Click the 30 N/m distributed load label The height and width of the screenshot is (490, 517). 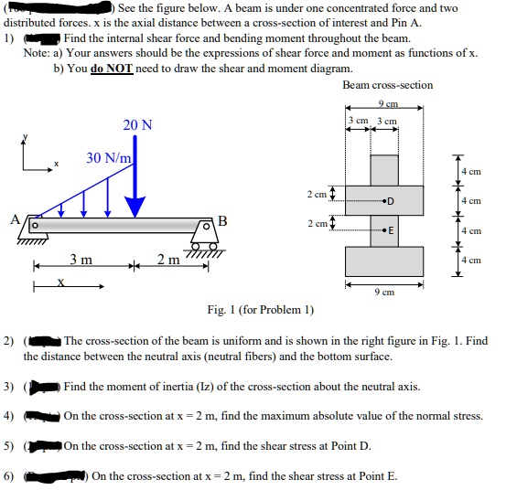tap(109, 158)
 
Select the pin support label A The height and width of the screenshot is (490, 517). tap(15, 219)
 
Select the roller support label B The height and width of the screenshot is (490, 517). tap(221, 220)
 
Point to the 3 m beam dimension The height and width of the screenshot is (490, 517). tap(81, 261)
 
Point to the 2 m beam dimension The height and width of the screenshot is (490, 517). tap(167, 261)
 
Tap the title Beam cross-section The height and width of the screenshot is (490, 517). tap(387, 85)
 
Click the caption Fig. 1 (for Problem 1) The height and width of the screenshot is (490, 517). tap(260, 310)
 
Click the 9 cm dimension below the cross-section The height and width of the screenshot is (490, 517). tap(383, 293)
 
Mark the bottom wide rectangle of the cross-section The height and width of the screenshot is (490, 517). tap(384, 261)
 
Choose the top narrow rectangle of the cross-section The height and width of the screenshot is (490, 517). tap(384, 169)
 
